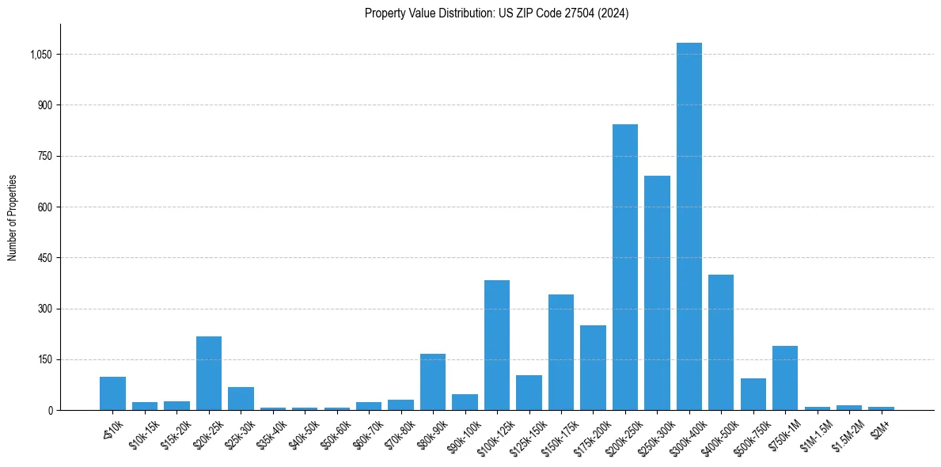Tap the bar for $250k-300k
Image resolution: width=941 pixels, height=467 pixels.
[657, 293]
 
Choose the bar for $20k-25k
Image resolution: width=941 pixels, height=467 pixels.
[209, 373]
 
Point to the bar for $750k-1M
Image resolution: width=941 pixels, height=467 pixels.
[784, 378]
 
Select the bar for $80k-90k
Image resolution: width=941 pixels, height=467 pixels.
[432, 382]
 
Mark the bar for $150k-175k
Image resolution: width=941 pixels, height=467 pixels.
[560, 352]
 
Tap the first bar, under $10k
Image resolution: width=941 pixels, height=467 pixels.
[112, 393]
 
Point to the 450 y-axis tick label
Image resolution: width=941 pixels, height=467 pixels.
[46, 258]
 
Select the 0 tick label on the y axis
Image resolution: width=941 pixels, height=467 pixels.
[50, 410]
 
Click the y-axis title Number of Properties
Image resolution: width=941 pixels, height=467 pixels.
[13, 217]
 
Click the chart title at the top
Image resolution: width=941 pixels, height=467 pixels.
[496, 13]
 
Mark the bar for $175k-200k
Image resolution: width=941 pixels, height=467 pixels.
[593, 367]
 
